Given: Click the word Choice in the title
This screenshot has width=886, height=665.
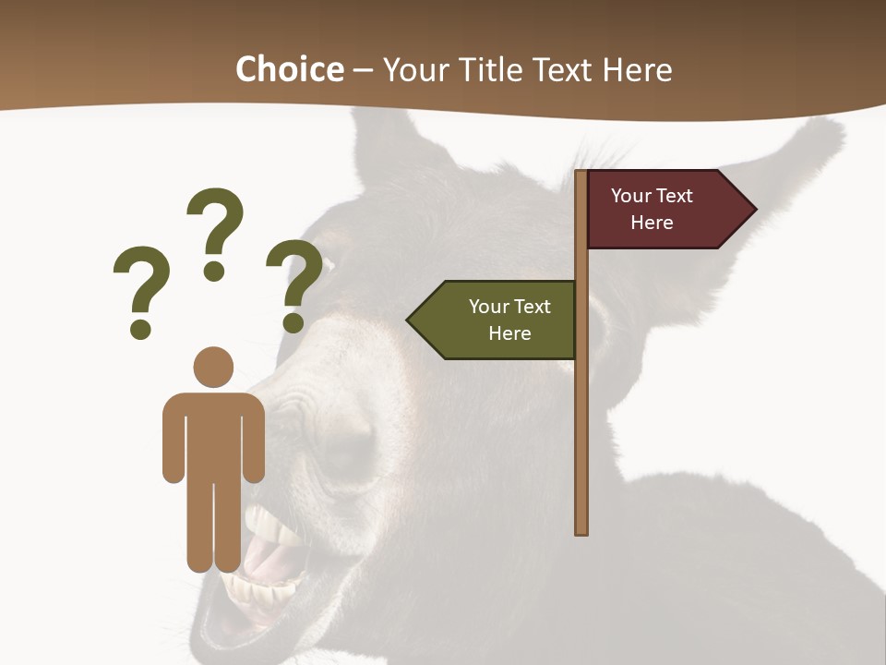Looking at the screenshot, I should (289, 69).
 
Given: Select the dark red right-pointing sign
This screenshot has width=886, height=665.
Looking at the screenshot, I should (660, 210).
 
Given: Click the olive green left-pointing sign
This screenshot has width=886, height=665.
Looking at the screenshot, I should (498, 320).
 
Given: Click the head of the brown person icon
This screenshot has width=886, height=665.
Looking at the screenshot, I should (213, 367).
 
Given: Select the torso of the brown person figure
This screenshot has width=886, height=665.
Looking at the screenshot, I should (213, 434).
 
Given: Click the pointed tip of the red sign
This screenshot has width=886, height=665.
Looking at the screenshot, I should (754, 210).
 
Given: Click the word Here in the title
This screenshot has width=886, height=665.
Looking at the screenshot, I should (637, 69).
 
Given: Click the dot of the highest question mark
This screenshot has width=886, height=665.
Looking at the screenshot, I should (215, 271).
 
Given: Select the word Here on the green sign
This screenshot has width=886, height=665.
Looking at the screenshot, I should (509, 333).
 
